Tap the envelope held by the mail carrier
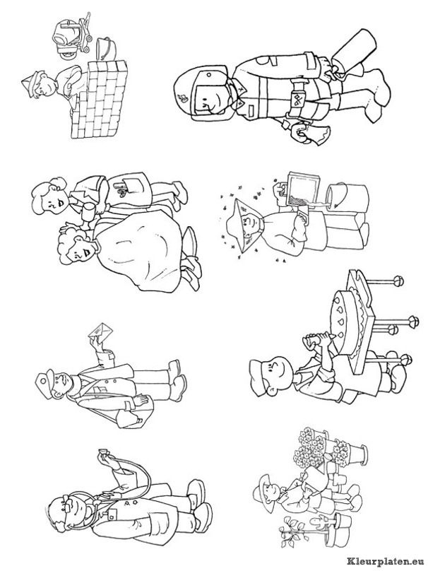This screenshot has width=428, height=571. pos(100,333)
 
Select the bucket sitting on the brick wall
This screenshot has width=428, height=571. pos(105,48)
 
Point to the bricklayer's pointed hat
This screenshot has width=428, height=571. pos(30,85)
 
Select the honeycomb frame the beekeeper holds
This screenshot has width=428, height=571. pos(302,191)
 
